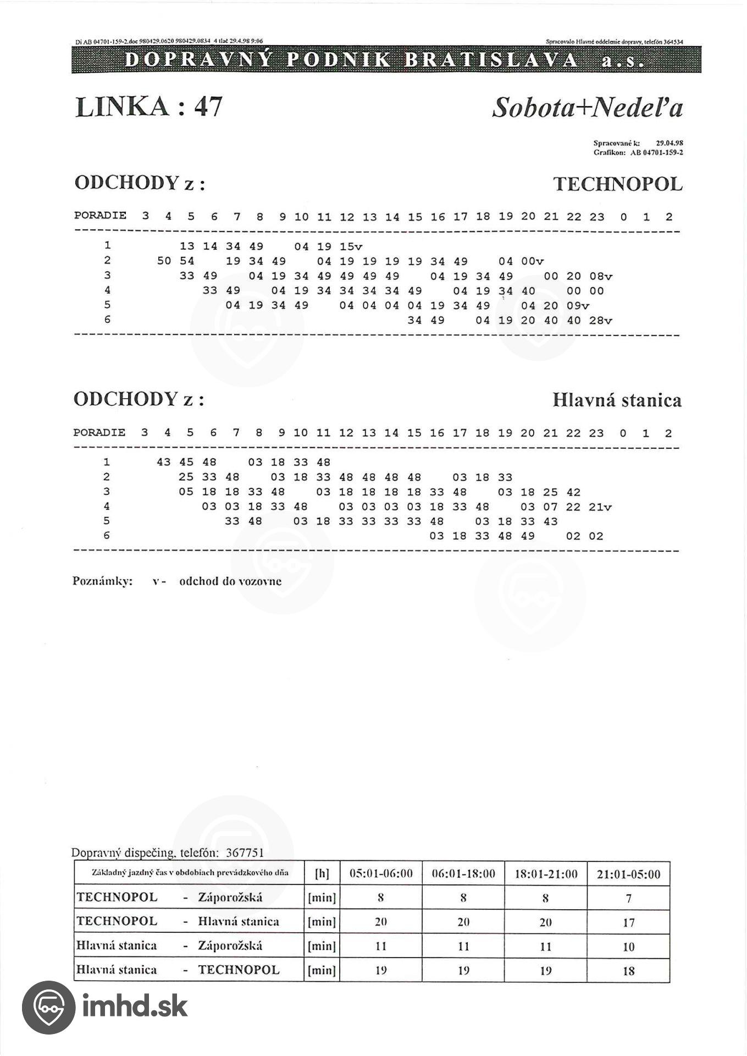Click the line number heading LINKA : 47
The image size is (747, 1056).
coord(148,106)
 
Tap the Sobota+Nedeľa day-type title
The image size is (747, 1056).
coord(587,107)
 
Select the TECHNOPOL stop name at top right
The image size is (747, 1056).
coord(617,184)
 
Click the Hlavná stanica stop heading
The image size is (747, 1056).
coord(617,400)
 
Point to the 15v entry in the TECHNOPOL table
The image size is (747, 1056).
coord(351,247)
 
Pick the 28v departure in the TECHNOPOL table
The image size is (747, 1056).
coord(600,321)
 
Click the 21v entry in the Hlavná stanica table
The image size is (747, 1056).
coord(600,507)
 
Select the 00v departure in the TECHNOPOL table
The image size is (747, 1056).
coord(532,262)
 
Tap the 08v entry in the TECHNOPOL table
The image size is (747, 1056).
coord(600,277)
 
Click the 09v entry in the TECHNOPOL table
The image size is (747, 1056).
coord(578,306)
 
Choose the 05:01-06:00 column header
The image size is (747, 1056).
coord(381,874)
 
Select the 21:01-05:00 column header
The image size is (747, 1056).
coord(628,874)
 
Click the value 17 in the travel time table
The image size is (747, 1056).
coord(628,922)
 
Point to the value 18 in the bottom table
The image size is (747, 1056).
coord(628,971)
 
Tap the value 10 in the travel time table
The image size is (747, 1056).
coord(628,947)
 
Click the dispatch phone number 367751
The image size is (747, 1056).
coord(245,853)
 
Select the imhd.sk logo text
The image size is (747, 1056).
coord(135,1006)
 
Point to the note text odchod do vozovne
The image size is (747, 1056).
coord(230,581)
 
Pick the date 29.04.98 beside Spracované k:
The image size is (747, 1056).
coord(669,143)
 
